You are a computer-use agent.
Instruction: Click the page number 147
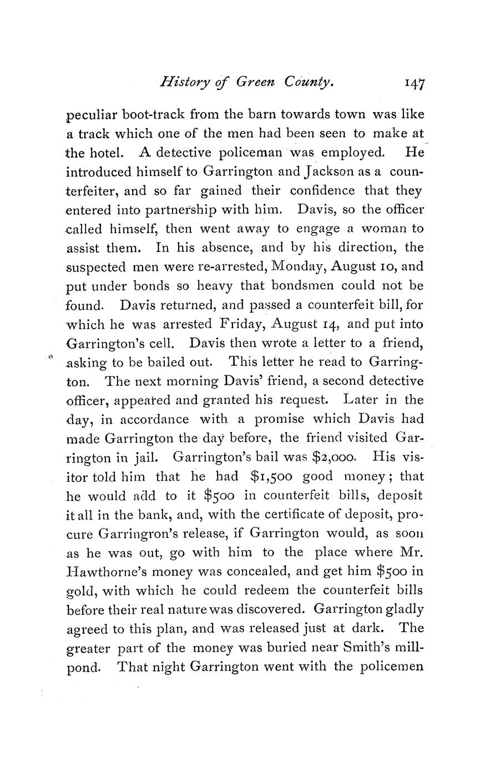(415, 83)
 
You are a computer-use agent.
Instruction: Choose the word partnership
(195, 210)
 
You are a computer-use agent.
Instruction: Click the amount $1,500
(262, 477)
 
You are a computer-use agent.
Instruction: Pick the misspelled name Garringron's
(141, 534)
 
